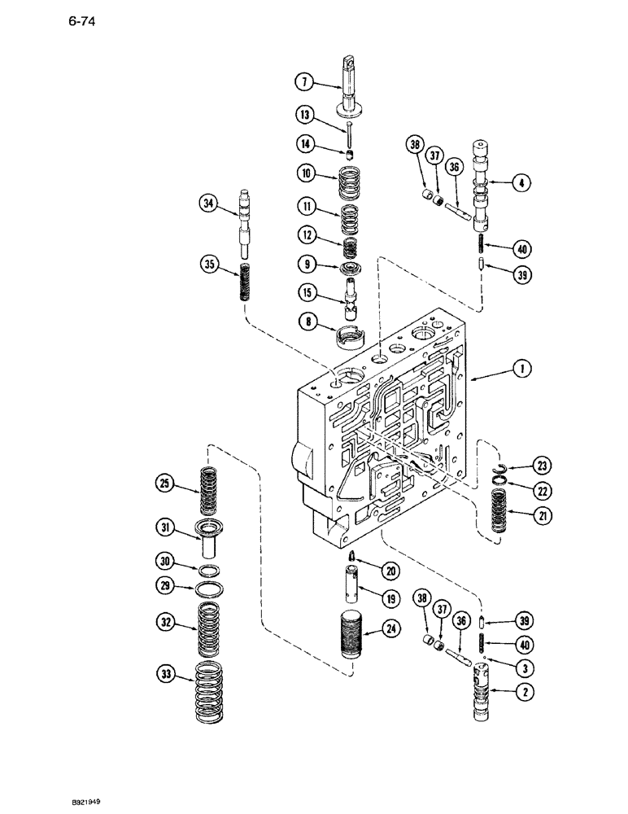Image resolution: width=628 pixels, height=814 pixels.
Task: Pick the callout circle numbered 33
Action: [x=165, y=673]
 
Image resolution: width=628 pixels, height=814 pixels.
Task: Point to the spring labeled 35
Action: [x=243, y=279]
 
